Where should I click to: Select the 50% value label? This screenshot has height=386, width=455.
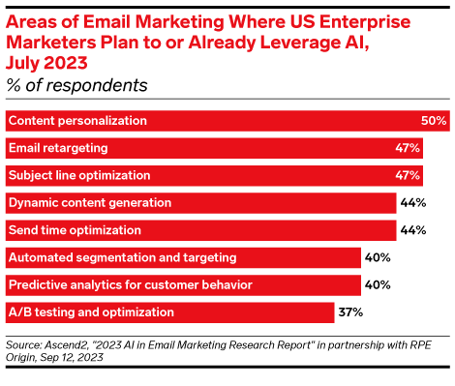pyautogui.click(x=434, y=121)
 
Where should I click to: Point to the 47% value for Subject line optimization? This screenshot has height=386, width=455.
pyautogui.click(x=408, y=175)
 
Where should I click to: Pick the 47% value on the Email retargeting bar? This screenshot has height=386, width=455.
pyautogui.click(x=408, y=148)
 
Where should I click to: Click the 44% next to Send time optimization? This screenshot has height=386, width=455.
pyautogui.click(x=412, y=230)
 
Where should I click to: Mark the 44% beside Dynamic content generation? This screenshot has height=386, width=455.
pyautogui.click(x=412, y=203)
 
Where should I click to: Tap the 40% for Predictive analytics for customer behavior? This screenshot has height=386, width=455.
pyautogui.click(x=377, y=285)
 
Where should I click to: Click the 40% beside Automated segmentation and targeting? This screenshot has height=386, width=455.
pyautogui.click(x=377, y=257)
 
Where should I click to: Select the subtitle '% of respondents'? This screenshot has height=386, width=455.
pyautogui.click(x=77, y=85)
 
